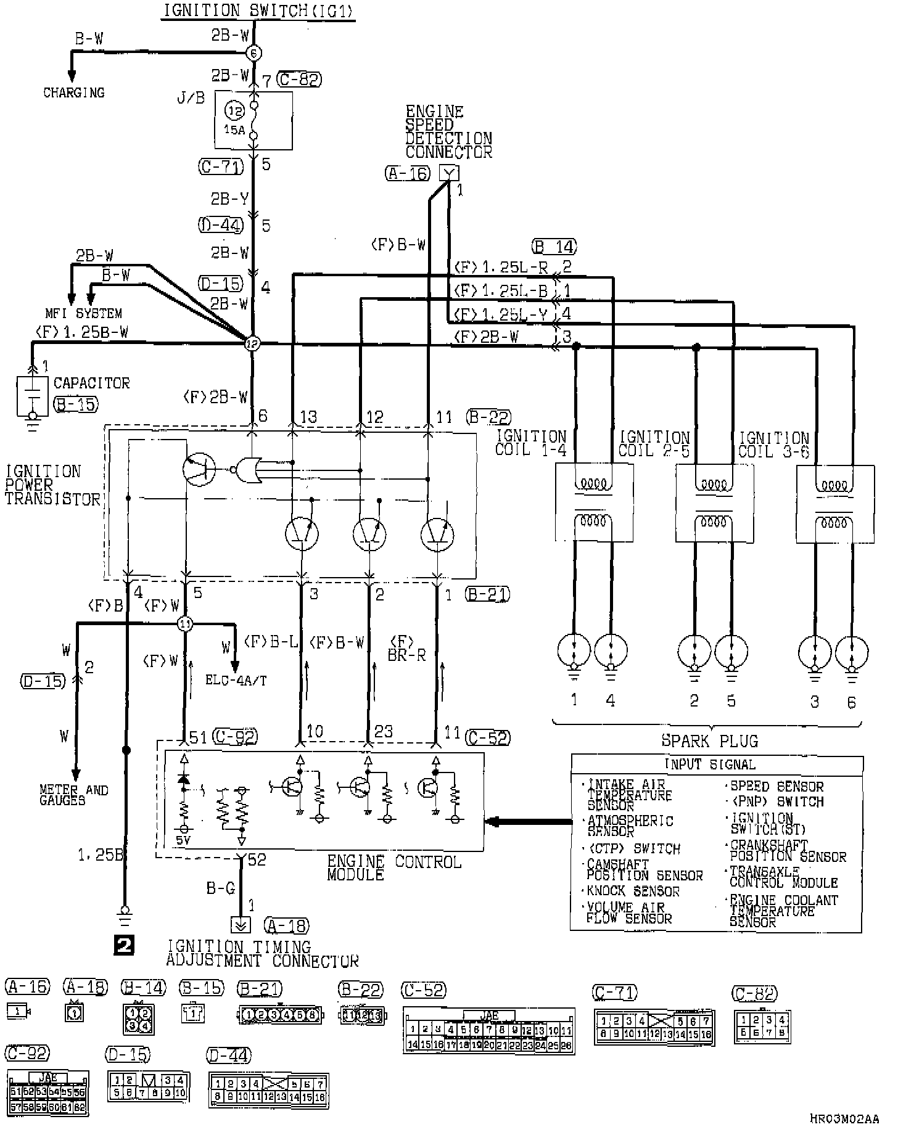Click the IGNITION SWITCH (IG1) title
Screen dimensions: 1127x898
pyautogui.click(x=258, y=11)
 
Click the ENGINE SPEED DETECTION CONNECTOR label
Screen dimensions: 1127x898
pyautogui.click(x=448, y=132)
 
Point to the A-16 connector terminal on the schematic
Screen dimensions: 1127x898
pyautogui.click(x=449, y=173)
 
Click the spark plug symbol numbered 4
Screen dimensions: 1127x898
pyautogui.click(x=611, y=651)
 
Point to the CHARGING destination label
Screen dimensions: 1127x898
pyautogui.click(x=73, y=93)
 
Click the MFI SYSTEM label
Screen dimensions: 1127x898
pyautogui.click(x=83, y=313)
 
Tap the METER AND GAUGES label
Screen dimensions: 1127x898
pyautogui.click(x=73, y=795)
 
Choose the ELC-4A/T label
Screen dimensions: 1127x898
pyautogui.click(x=236, y=681)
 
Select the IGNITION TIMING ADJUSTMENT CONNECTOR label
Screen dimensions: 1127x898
pyautogui.click(x=262, y=953)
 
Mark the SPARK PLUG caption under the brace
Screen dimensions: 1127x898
pyautogui.click(x=709, y=741)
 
